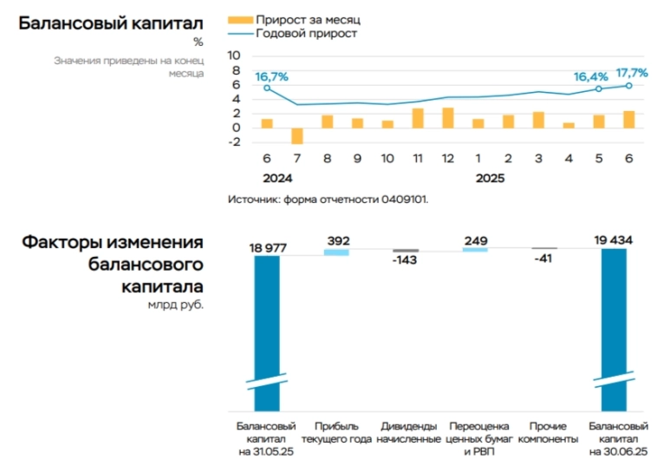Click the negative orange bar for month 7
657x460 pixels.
[x=297, y=135]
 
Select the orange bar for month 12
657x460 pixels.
[x=448, y=118]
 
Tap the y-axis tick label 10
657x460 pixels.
[x=233, y=55]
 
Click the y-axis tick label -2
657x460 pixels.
[x=233, y=143]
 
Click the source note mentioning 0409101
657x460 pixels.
[x=328, y=200]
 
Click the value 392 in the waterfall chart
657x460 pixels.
[x=337, y=240]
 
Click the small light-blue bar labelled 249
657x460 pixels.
[x=475, y=250]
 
